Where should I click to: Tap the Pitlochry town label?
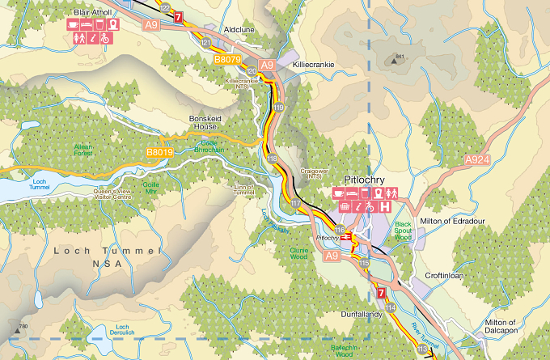point(366,180)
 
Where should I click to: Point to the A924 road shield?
point(478,162)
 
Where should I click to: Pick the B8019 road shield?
point(160,152)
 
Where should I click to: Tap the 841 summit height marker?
point(396,56)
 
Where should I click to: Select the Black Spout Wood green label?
point(404,231)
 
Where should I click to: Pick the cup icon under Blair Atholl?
point(72,24)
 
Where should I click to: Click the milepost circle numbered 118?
point(272,158)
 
